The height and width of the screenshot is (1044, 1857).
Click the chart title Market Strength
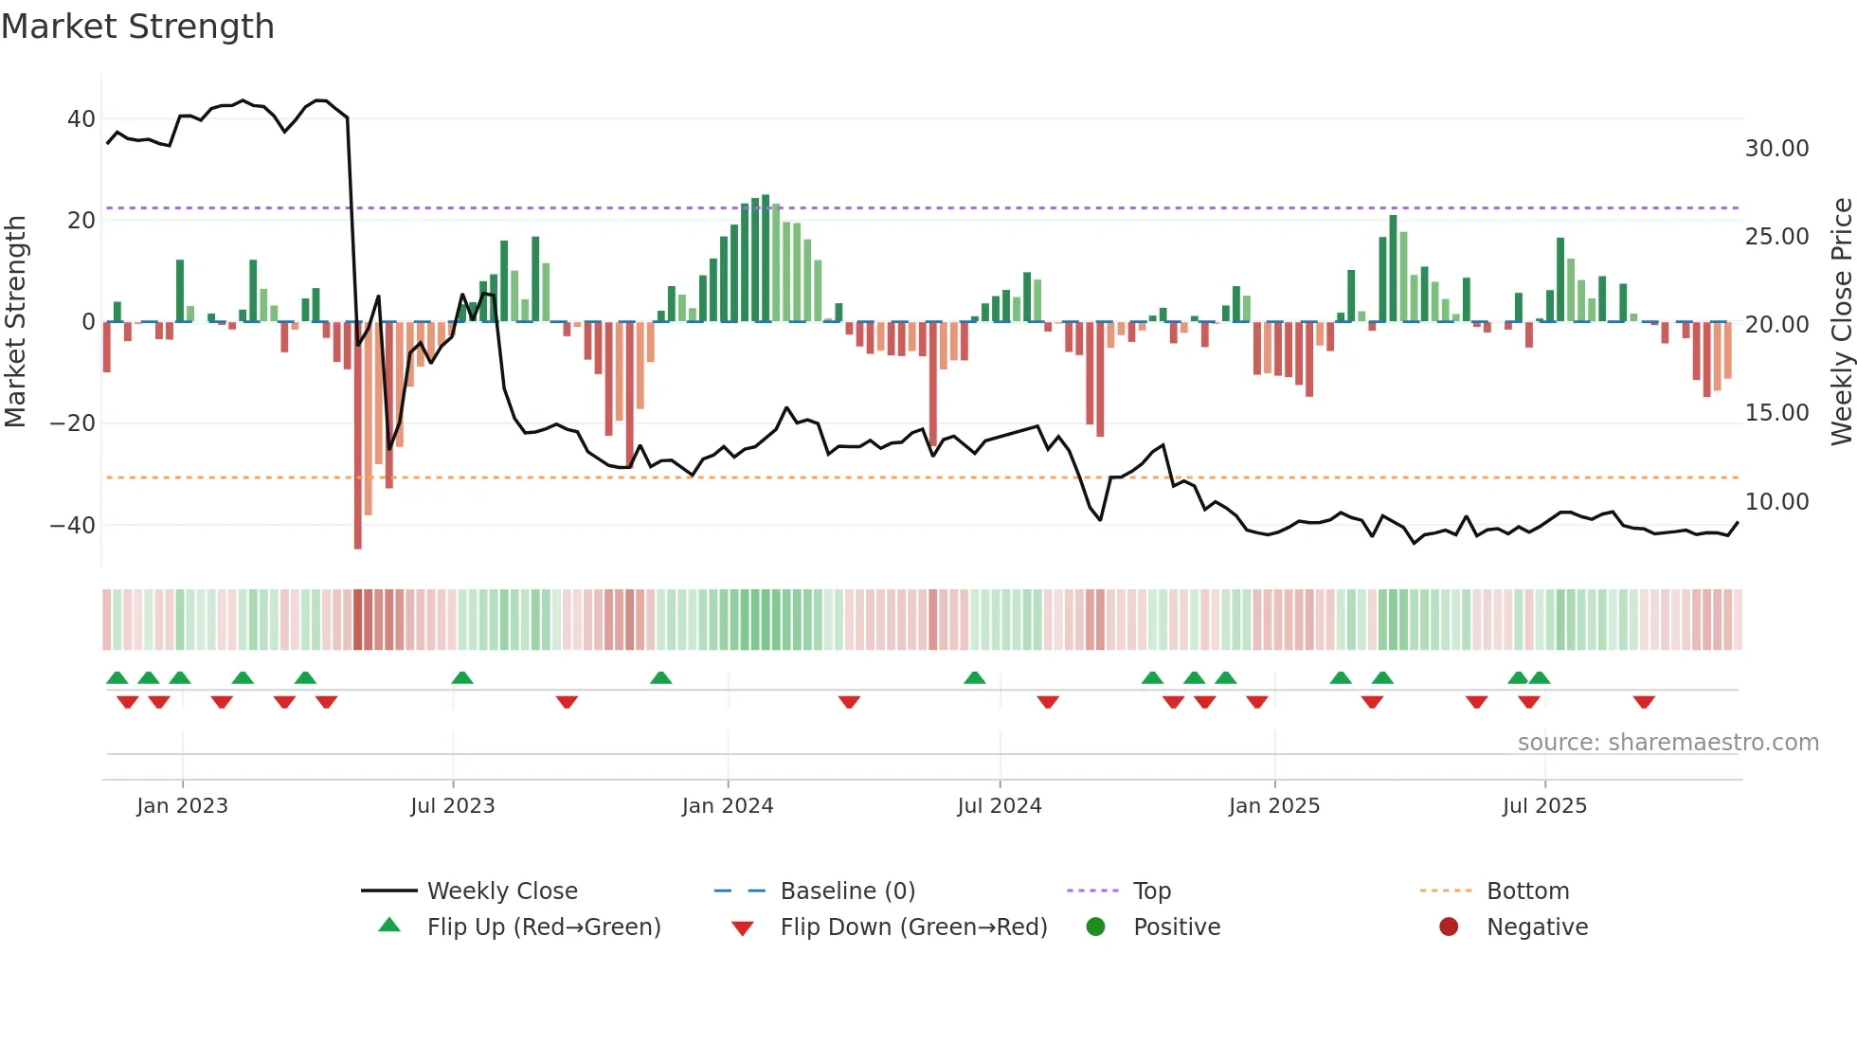click(137, 27)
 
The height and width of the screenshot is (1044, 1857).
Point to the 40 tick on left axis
click(81, 119)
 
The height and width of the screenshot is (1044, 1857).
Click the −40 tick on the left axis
click(73, 525)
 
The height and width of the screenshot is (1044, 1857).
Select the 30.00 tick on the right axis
click(1776, 149)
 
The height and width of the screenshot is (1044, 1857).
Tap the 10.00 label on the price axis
click(1776, 502)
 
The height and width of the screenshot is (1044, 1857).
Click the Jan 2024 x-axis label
click(727, 806)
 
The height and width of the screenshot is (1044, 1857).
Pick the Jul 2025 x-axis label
click(1543, 806)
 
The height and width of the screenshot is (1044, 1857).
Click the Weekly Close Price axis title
click(1841, 321)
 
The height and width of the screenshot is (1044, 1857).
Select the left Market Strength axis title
click(15, 321)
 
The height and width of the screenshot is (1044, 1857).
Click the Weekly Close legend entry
click(501, 891)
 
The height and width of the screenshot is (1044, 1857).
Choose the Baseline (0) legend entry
click(847, 891)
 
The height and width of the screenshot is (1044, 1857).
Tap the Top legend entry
click(1151, 891)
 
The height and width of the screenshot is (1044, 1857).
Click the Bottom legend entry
click(1527, 891)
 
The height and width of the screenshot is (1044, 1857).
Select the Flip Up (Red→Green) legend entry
click(543, 927)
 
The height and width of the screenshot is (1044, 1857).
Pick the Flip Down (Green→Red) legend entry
click(913, 927)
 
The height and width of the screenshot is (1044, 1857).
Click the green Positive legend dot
click(1096, 927)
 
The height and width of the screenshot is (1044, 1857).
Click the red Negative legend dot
click(1449, 927)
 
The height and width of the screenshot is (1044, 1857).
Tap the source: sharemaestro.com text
click(1668, 743)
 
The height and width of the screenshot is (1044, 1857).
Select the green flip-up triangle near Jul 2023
click(462, 677)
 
